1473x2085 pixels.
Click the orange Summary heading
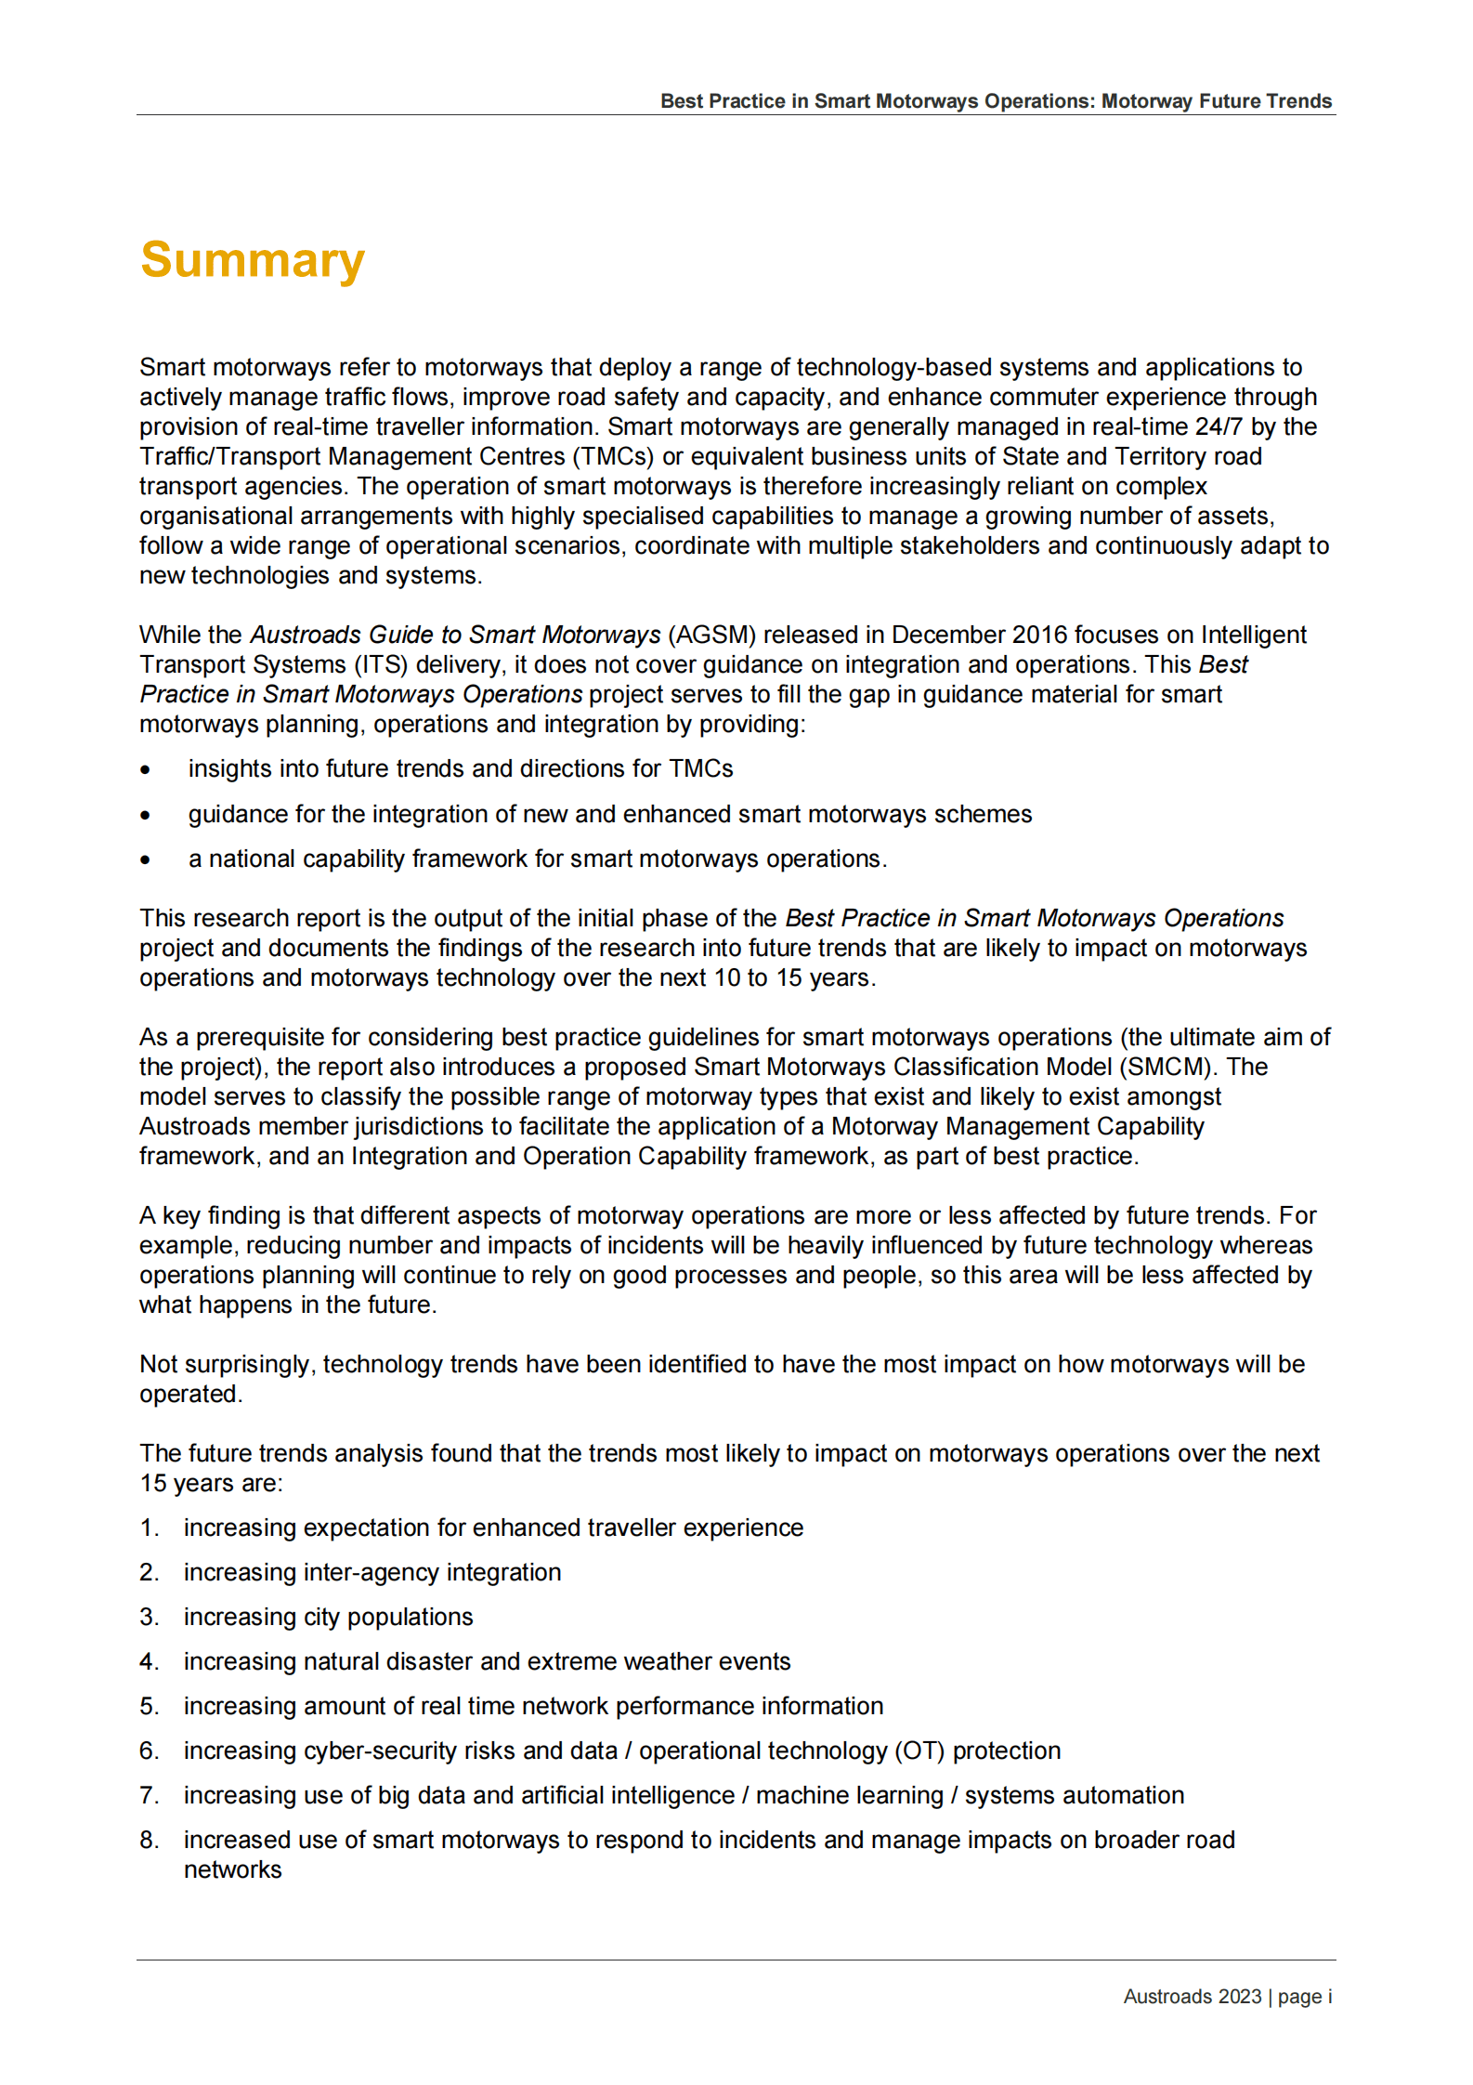252,260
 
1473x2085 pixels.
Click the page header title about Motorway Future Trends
995,101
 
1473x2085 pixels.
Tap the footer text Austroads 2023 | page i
1227,1996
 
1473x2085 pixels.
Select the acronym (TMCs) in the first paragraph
613,457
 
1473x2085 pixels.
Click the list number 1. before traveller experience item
150,1528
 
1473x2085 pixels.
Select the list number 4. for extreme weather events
150,1662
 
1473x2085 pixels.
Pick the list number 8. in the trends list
150,1841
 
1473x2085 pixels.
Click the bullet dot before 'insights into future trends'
145,770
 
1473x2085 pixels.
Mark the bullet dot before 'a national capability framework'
145,860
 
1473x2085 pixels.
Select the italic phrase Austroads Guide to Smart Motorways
455,636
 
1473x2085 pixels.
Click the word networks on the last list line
232,1870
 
